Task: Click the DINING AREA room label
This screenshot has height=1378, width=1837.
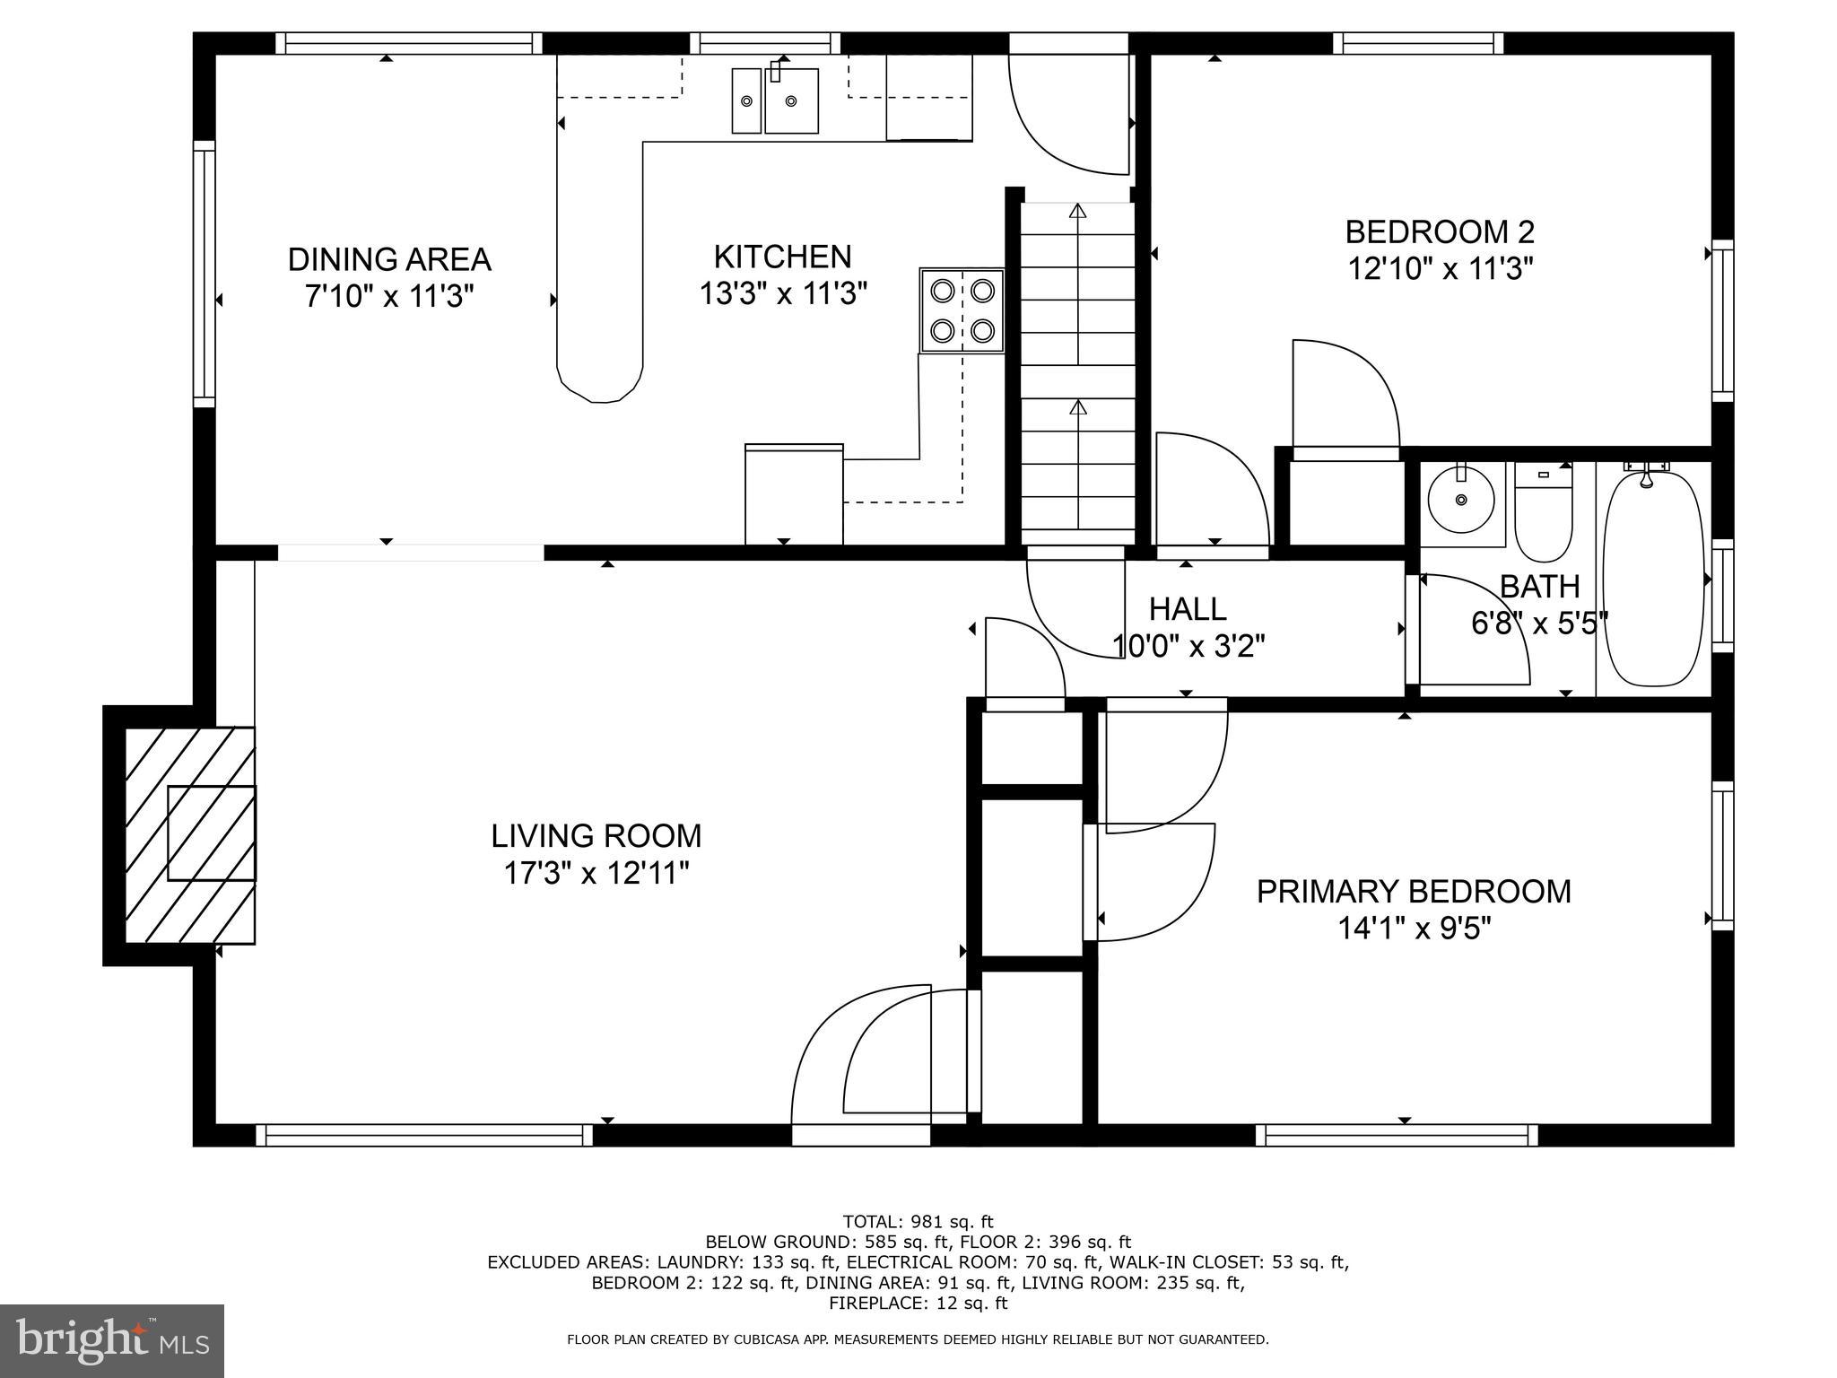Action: tap(388, 259)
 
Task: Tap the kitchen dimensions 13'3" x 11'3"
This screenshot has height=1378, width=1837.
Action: tap(783, 293)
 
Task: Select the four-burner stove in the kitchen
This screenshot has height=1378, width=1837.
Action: tap(962, 310)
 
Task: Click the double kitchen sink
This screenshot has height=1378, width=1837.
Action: tap(775, 100)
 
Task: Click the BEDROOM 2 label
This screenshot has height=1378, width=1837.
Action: tap(1439, 232)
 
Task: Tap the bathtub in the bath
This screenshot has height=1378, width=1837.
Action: tap(1652, 580)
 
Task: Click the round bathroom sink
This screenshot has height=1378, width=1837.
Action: tap(1461, 500)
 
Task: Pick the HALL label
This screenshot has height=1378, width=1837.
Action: tap(1187, 609)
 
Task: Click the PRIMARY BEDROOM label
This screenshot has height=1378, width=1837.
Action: tap(1414, 892)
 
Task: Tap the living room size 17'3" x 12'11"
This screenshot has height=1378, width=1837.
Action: tap(596, 873)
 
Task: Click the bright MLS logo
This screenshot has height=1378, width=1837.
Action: tap(112, 1340)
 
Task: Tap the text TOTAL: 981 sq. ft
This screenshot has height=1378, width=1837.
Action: tap(918, 1221)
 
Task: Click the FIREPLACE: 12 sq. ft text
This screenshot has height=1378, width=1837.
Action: tap(918, 1303)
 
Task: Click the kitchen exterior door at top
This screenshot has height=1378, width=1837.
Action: tap(1067, 112)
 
